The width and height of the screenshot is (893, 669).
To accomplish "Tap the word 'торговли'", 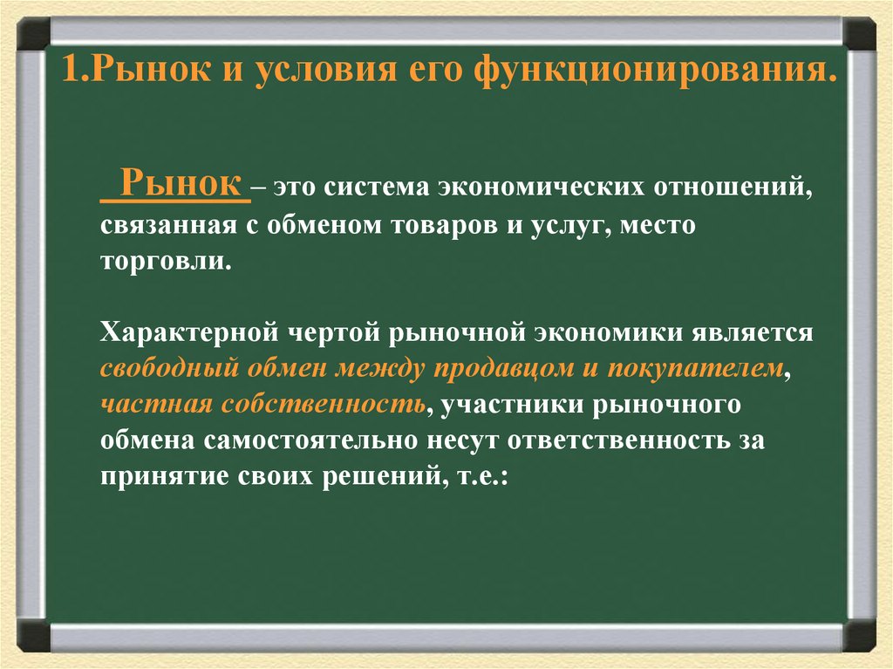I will pyautogui.click(x=166, y=262).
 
